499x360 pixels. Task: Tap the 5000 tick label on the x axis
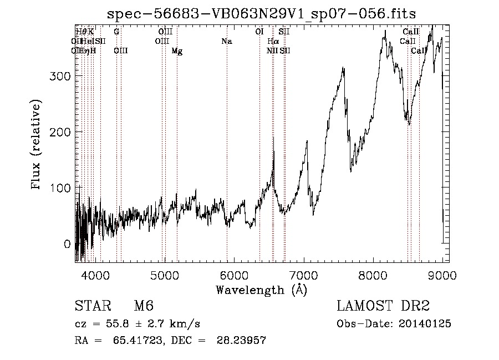[165, 275]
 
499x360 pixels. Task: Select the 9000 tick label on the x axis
[442, 275]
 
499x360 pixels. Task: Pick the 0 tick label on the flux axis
[67, 244]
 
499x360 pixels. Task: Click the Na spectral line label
[226, 42]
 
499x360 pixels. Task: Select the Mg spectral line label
[177, 51]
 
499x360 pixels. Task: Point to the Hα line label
[273, 42]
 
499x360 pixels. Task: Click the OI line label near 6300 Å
[259, 32]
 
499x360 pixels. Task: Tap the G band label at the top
[116, 32]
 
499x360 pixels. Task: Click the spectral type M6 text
[144, 306]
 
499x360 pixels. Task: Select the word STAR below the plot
[90, 306]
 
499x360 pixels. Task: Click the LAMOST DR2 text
[383, 306]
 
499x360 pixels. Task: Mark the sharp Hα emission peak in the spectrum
[273, 139]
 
